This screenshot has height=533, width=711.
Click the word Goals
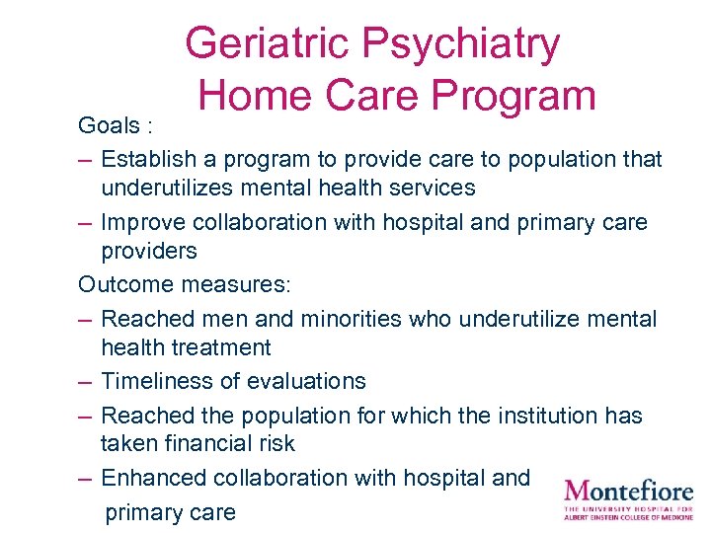click(x=110, y=126)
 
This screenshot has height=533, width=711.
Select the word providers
click(x=149, y=251)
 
